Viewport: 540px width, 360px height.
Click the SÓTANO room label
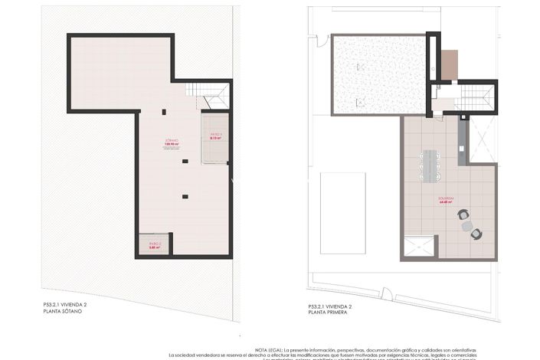coord(172,142)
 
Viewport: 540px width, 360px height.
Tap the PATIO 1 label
coord(215,135)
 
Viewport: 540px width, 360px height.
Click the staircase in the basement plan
coord(207,96)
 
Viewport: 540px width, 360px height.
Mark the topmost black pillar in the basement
coord(163,113)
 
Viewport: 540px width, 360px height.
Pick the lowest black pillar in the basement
coord(185,197)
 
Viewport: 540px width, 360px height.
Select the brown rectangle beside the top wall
coord(450,65)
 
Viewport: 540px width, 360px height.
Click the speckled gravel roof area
coord(378,74)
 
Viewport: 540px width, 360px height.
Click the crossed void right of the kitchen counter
coord(483,138)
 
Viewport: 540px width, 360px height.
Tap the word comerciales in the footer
coord(458,355)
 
